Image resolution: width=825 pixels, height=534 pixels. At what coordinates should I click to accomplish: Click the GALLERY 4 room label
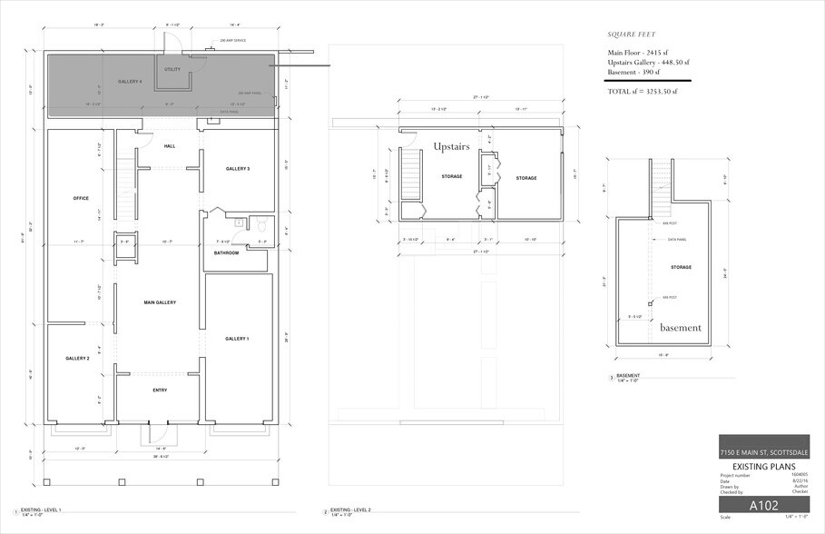tap(130, 82)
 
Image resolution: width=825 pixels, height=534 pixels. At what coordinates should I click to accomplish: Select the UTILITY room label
tap(172, 69)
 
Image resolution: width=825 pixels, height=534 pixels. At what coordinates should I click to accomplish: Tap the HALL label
tap(170, 146)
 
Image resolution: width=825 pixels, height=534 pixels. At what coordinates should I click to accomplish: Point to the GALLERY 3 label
tap(238, 169)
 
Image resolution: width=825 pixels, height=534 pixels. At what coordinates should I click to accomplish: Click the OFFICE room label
tap(80, 197)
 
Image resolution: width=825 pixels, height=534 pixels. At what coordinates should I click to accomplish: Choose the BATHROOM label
tap(226, 252)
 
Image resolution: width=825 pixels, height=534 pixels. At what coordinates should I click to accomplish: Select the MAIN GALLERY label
tap(160, 302)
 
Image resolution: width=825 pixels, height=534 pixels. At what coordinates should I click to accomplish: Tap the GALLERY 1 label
tap(237, 338)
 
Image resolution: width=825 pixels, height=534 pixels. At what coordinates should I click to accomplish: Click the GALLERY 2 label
tap(77, 359)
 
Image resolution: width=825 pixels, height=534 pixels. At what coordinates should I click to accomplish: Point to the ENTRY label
tap(160, 391)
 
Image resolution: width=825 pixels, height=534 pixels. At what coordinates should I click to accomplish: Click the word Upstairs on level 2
tap(451, 146)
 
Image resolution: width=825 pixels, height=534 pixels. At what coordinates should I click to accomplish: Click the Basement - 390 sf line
tap(633, 72)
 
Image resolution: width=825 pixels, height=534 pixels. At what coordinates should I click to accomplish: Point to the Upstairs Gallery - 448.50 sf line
tap(648, 63)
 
